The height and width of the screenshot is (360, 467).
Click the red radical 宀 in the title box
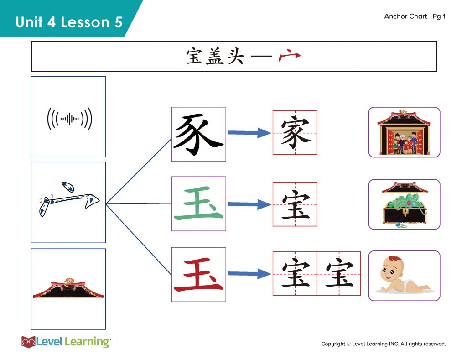(289, 55)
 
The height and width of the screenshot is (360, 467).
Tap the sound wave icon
(69, 119)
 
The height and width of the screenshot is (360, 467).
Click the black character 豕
(199, 135)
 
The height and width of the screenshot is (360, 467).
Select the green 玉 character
(199, 203)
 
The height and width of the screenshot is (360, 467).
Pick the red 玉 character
(199, 275)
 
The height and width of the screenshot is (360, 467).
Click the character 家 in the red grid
(295, 133)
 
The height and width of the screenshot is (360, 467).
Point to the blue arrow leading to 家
(249, 133)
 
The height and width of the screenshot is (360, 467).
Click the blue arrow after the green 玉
(249, 204)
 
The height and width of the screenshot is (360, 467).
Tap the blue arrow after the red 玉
(249, 274)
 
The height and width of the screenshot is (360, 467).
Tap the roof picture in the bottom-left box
(68, 288)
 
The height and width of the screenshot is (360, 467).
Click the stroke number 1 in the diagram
(58, 183)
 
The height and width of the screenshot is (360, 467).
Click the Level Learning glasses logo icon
(28, 342)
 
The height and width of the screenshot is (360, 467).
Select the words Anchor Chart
(405, 16)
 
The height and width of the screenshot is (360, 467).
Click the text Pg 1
(439, 16)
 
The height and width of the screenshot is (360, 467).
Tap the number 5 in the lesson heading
(118, 22)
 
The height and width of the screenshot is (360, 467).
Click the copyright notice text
(383, 344)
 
